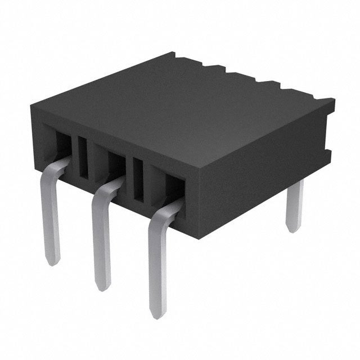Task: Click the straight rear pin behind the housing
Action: point(294,205)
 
